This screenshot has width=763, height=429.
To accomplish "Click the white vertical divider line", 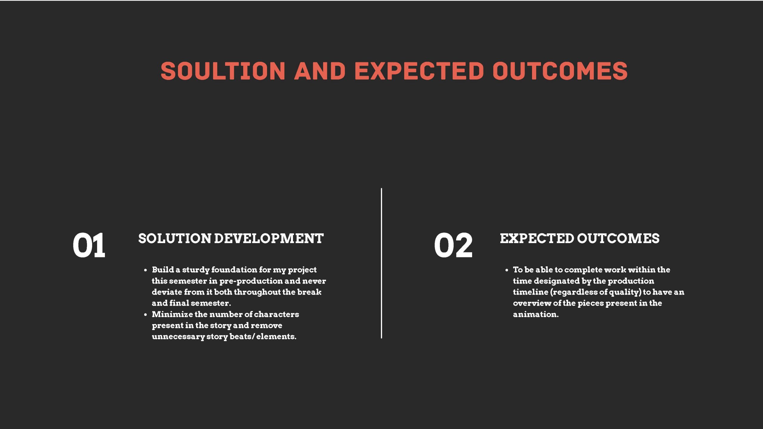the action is pyautogui.click(x=381, y=263).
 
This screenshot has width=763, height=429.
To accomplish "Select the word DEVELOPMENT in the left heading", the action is pyautogui.click(x=269, y=238).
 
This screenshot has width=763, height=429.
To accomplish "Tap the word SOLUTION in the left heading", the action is pyautogui.click(x=175, y=238).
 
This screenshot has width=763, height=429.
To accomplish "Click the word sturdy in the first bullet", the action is pyautogui.click(x=196, y=270).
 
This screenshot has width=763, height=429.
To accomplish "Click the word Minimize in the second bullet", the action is pyautogui.click(x=172, y=314).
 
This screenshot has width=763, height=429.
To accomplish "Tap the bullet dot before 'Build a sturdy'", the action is pyautogui.click(x=145, y=270).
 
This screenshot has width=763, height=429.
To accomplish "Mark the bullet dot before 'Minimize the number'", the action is pyautogui.click(x=145, y=315).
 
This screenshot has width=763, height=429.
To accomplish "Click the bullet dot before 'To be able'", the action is pyautogui.click(x=507, y=270).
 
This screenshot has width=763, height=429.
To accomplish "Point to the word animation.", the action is pyautogui.click(x=536, y=314).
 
